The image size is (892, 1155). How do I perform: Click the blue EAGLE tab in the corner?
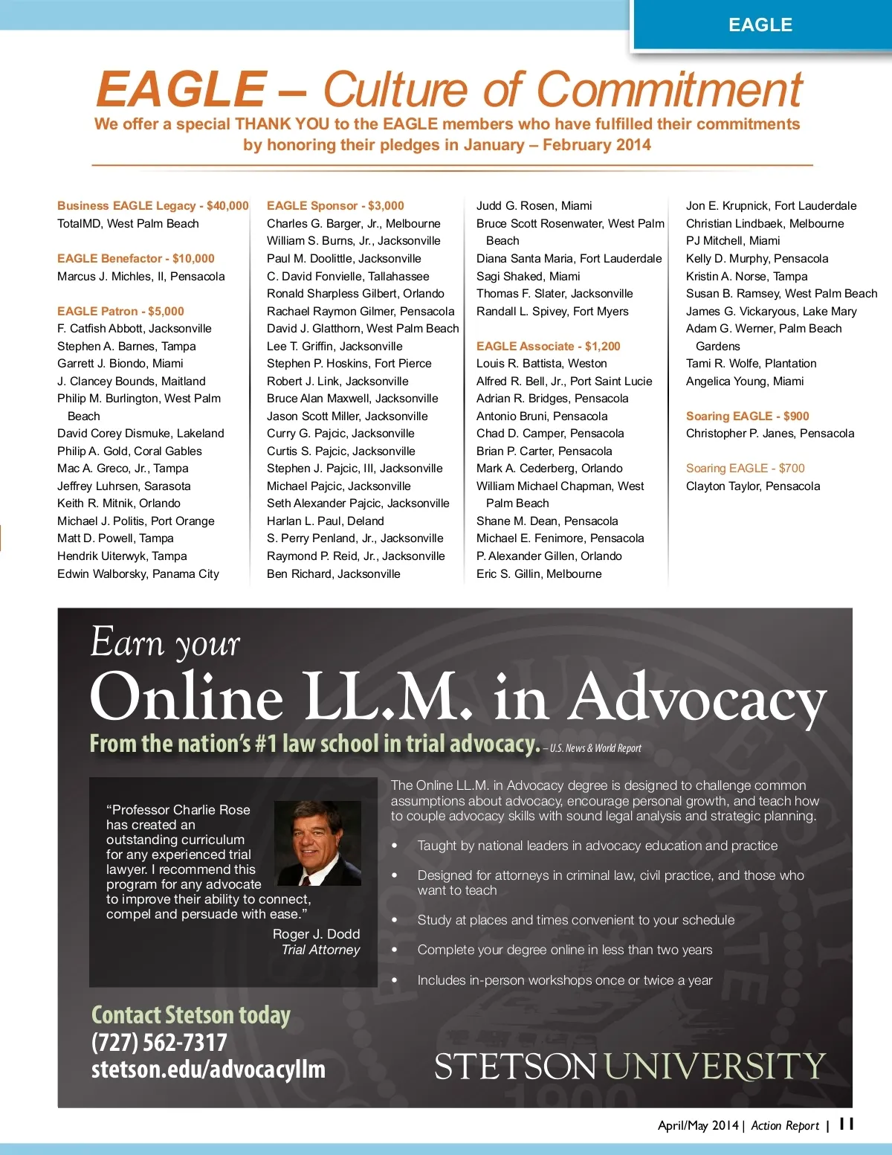point(760,25)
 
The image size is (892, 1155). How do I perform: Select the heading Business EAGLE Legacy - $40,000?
point(152,206)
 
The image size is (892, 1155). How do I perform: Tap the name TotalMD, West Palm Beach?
point(128,224)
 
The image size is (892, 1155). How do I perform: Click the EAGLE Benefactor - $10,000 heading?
point(135,259)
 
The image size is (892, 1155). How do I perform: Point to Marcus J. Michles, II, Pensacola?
point(140,277)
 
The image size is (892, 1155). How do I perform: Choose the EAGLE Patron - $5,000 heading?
point(120,312)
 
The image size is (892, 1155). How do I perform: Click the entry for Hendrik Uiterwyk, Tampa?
point(122,556)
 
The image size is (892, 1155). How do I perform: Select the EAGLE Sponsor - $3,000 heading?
point(335,206)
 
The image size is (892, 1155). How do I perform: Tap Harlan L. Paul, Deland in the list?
point(325,521)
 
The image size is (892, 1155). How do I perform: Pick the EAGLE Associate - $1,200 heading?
point(548,347)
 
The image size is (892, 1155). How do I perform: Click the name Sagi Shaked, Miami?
point(528,277)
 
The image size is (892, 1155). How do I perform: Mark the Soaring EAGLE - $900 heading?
point(747,416)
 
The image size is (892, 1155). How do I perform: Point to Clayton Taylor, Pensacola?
point(753,486)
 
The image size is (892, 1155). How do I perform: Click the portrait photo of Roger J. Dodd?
point(317,843)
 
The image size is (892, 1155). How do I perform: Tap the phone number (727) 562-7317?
point(159,1043)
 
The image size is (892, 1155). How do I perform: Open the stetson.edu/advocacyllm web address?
point(208,1069)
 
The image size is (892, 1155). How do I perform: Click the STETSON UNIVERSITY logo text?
point(630,1066)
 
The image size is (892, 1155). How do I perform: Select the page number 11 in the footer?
point(847,1124)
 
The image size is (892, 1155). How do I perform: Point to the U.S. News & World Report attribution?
point(595,748)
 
